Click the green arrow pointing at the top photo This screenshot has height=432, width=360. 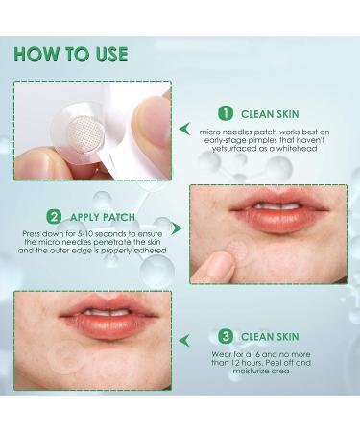pyautogui.click(x=185, y=128)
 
